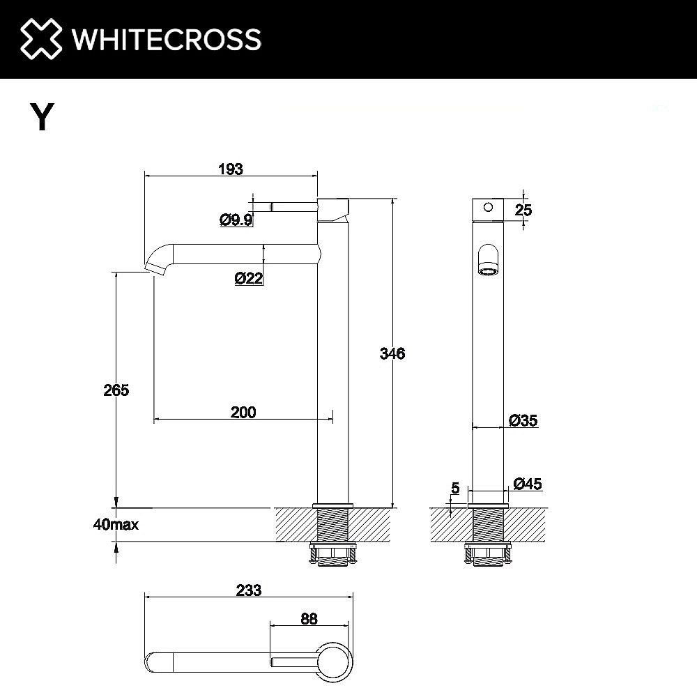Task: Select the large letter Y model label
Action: (42, 117)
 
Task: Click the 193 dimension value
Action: (230, 169)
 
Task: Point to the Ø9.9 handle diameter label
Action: (236, 220)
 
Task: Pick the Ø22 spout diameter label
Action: (249, 278)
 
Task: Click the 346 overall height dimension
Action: (392, 353)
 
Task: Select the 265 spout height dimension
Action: (116, 390)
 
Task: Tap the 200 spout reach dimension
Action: (243, 412)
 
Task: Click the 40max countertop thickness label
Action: (116, 525)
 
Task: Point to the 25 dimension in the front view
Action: (523, 208)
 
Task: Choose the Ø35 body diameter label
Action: (523, 420)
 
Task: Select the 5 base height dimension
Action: (454, 489)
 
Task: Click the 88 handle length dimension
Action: (309, 618)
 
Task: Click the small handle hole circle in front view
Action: (488, 207)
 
